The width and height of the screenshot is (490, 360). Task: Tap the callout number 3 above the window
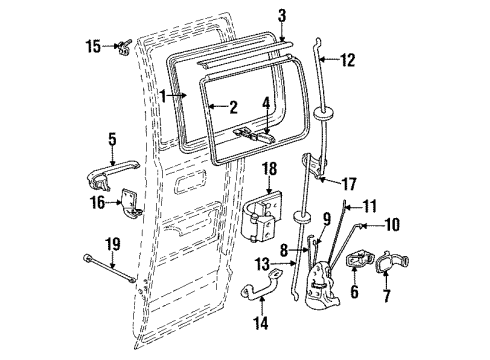[282, 15]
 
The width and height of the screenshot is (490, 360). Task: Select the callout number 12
[348, 59]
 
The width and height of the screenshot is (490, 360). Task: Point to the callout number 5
[112, 140]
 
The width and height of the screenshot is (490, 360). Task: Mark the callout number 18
[269, 171]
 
